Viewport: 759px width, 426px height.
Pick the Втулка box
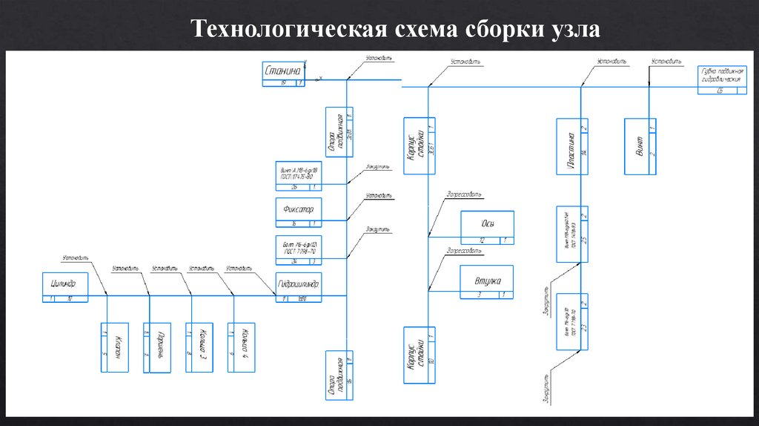(487, 284)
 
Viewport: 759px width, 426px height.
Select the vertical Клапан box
(116, 347)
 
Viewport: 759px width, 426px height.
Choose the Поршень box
(159, 347)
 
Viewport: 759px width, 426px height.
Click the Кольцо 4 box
(243, 347)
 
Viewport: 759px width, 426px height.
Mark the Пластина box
(572, 146)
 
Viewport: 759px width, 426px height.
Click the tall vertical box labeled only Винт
(640, 146)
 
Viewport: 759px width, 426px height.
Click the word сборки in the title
(503, 30)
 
